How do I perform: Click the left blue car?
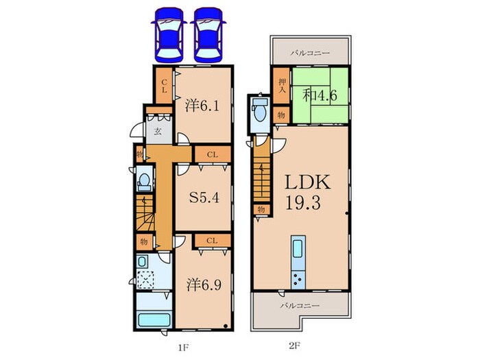pos(168,32)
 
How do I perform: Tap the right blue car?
pos(207,32)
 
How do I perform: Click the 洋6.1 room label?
pos(203,106)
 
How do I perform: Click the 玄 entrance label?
pos(157,131)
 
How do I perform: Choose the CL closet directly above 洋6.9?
pos(212,240)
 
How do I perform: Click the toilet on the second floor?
pos(260,110)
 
